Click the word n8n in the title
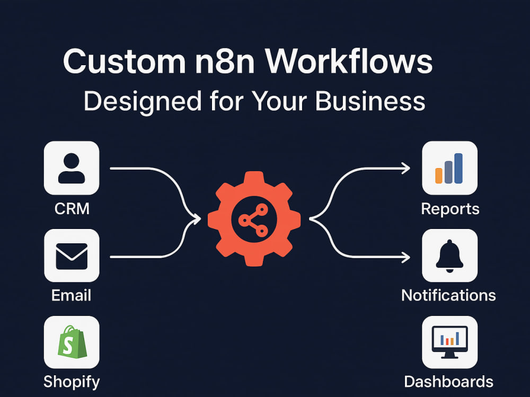pyautogui.click(x=225, y=61)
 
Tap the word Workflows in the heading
pyautogui.click(x=349, y=61)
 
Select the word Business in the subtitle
pyautogui.click(x=370, y=101)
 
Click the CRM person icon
pyautogui.click(x=72, y=168)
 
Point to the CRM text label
pyautogui.click(x=72, y=209)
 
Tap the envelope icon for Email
pyautogui.click(x=72, y=257)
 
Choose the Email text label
pyautogui.click(x=72, y=295)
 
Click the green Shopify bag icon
pyautogui.click(x=72, y=342)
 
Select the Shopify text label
pyautogui.click(x=72, y=382)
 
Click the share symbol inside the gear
pyautogui.click(x=253, y=220)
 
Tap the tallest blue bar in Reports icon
pyautogui.click(x=458, y=169)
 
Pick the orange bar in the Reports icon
pyautogui.click(x=439, y=175)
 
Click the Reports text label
pyautogui.click(x=450, y=209)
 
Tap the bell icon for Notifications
pyautogui.click(x=449, y=256)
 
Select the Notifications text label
pyautogui.click(x=448, y=295)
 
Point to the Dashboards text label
pyautogui.click(x=449, y=382)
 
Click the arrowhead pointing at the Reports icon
pyautogui.click(x=406, y=168)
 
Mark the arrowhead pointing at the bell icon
pyautogui.click(x=406, y=257)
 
